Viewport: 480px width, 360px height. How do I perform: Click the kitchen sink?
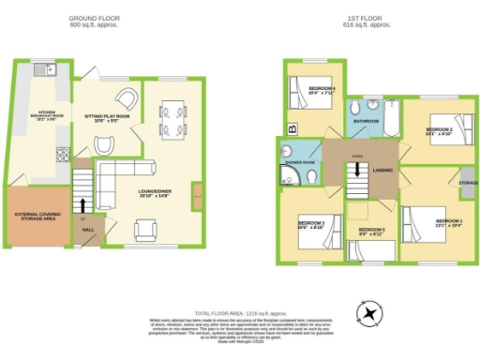(42, 70)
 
